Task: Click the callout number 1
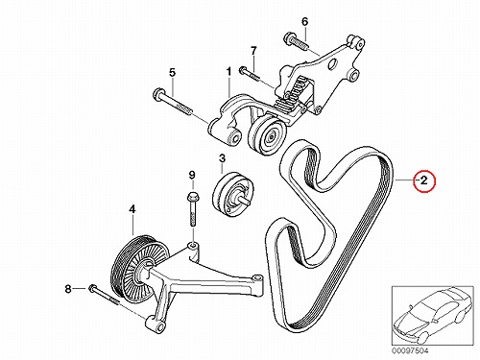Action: [x=228, y=73]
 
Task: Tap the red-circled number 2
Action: [x=423, y=180]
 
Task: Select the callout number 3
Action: [x=222, y=158]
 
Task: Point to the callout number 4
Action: [x=132, y=209]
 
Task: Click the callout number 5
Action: [x=173, y=73]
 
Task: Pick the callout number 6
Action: [x=304, y=22]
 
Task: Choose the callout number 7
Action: [x=253, y=51]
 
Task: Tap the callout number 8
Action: [x=68, y=289]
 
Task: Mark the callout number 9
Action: [x=191, y=175]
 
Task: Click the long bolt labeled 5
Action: [x=173, y=102]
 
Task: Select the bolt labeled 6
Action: [x=296, y=40]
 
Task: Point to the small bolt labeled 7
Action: [x=249, y=72]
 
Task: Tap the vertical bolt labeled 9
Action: [x=192, y=208]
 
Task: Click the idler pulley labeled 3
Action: [x=232, y=194]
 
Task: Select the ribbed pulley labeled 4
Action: [x=139, y=268]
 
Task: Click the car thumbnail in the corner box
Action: [x=433, y=316]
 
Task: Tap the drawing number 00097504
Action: [x=410, y=350]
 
